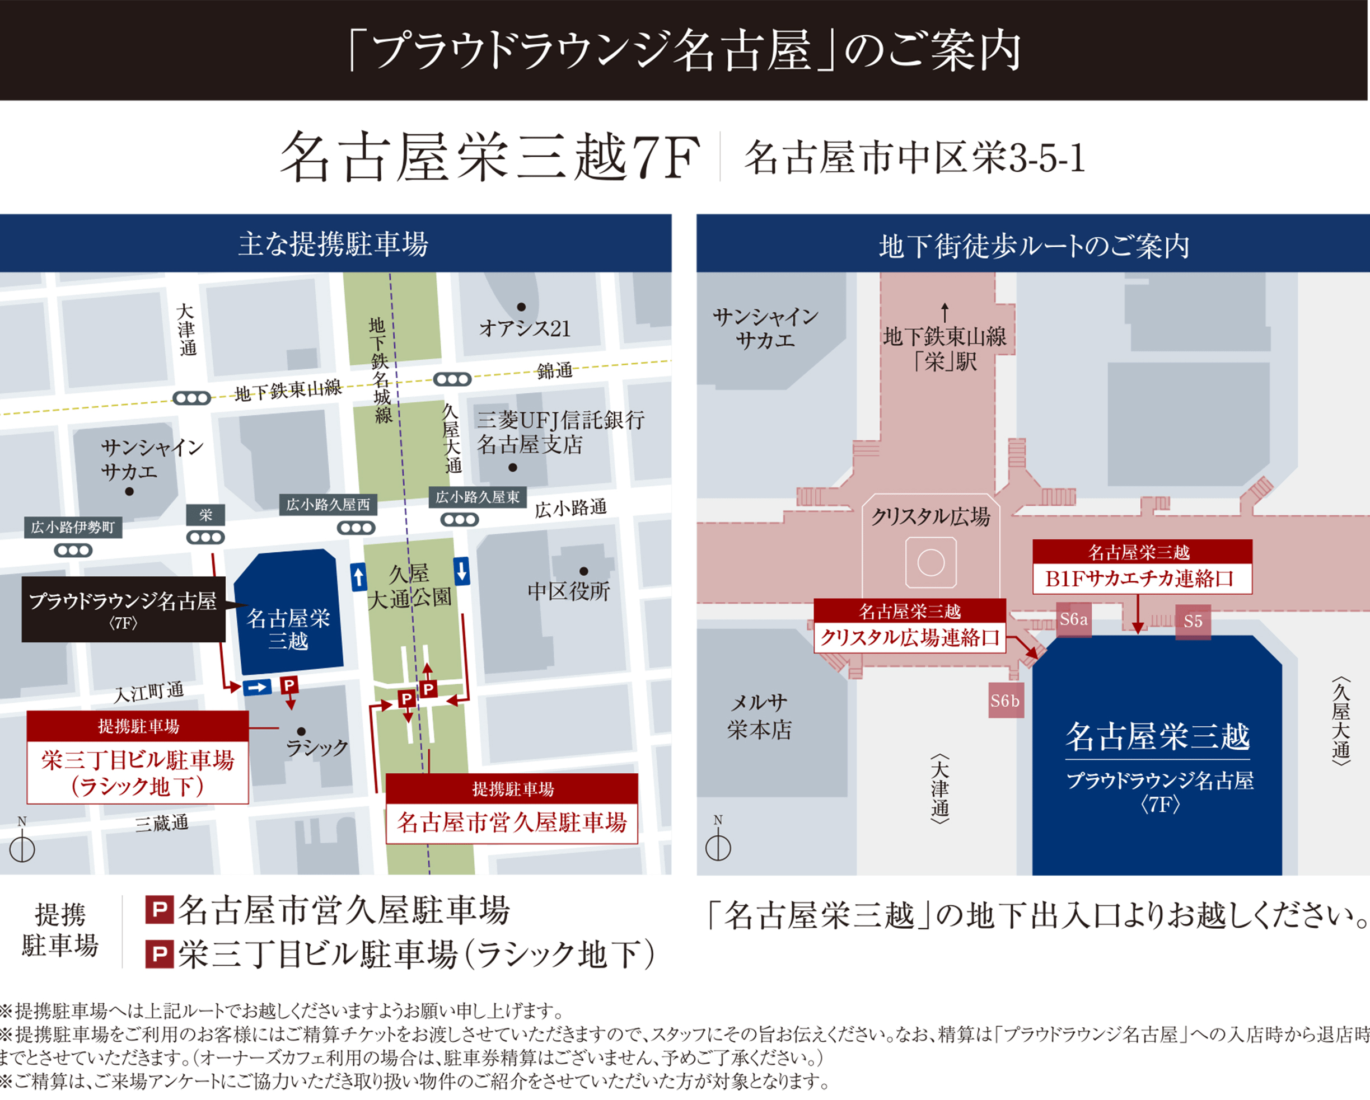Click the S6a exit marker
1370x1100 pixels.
tap(1073, 619)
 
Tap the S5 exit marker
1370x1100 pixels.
tap(1193, 621)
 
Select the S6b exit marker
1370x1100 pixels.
tap(1006, 701)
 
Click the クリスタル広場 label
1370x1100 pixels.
tap(931, 517)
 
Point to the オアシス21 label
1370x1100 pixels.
tap(525, 328)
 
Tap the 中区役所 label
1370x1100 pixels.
tap(569, 591)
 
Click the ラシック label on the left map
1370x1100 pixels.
tap(317, 747)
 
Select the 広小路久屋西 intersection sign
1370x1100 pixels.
tap(328, 505)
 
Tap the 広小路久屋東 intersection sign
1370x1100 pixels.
tap(477, 497)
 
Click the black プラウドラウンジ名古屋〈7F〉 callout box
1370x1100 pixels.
tap(123, 609)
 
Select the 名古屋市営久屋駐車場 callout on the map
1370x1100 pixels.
tap(512, 808)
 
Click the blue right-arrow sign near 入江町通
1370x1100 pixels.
tap(258, 687)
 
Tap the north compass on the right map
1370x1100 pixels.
tap(718, 842)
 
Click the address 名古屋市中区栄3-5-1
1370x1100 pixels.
tap(914, 158)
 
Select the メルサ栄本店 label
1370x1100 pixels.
tap(759, 716)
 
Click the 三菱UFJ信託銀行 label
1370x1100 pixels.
tap(560, 420)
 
